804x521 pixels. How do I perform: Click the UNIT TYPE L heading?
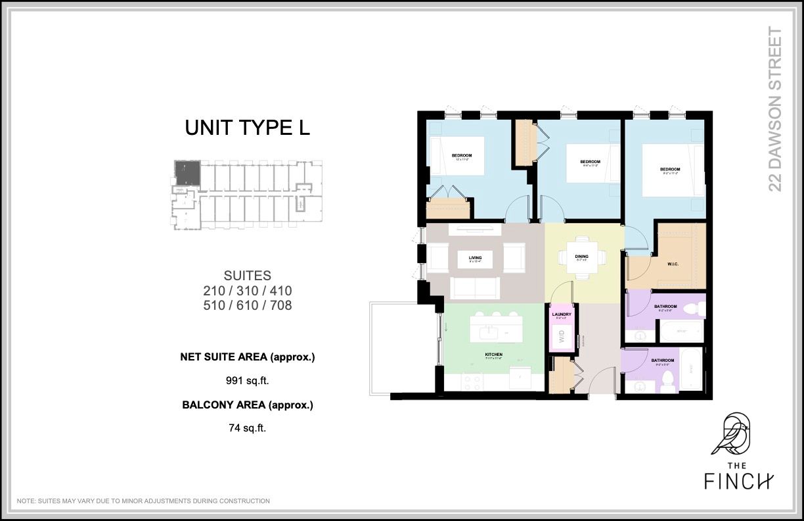click(247, 128)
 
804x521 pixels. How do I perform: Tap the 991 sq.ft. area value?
click(248, 380)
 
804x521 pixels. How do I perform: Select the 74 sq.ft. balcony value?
click(248, 428)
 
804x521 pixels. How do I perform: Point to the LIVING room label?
click(475, 258)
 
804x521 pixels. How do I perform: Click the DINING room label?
click(581, 257)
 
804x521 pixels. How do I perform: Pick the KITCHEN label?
click(493, 355)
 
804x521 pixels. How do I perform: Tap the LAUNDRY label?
click(562, 314)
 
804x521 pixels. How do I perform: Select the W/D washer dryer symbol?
click(562, 338)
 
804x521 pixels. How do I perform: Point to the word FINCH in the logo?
click(739, 482)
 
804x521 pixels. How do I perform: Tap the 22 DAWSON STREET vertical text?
click(776, 109)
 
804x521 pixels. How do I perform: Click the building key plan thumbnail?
click(248, 194)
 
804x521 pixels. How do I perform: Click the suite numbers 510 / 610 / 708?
click(248, 305)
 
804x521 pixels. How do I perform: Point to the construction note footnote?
click(143, 501)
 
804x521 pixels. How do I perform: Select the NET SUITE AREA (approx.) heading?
click(248, 357)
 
